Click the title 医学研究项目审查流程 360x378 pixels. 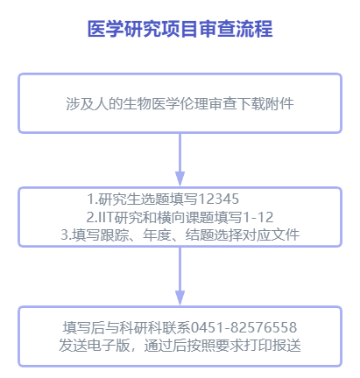tap(180, 29)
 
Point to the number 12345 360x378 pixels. tap(218, 199)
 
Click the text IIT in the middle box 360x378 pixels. tap(105, 217)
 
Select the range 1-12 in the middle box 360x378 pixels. tap(258, 217)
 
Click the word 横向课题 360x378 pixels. tap(186, 217)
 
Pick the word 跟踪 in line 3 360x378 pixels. tap(115, 235)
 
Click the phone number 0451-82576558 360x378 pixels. tap(244, 327)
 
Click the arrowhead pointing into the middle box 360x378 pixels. tap(180, 178)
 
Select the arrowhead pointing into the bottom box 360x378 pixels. tap(180, 297)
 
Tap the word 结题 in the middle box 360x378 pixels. tap(200, 235)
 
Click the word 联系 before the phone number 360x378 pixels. tap(176, 327)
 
